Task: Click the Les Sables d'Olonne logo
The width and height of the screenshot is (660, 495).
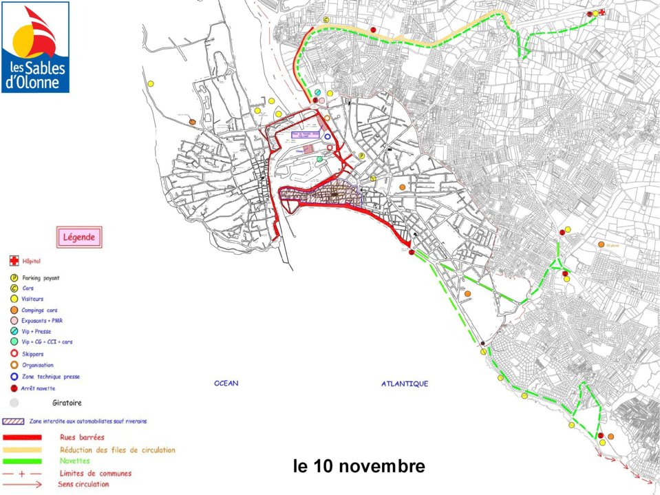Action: coord(35,47)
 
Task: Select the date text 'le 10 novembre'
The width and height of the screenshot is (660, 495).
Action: coord(359,466)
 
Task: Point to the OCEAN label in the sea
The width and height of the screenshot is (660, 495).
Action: coord(226,383)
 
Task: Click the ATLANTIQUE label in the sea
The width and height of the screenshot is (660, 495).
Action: coord(405,383)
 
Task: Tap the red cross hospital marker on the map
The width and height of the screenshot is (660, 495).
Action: coord(602,12)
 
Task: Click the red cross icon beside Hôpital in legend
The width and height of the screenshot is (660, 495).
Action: coord(13,262)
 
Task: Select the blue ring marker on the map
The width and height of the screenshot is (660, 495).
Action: coord(328,136)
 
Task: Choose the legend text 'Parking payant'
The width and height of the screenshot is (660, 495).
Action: coord(41,278)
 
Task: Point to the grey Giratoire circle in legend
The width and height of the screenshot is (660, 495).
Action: coord(14,403)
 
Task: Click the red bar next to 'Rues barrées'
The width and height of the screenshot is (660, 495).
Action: coord(23,437)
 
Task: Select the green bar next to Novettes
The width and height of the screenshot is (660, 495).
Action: coord(23,461)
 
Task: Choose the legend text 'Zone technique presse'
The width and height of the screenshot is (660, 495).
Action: coord(51,377)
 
